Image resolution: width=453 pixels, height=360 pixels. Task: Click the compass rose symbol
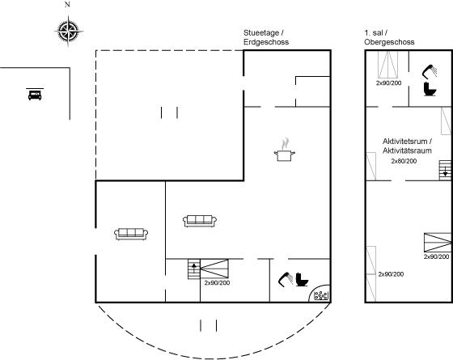click(x=69, y=31)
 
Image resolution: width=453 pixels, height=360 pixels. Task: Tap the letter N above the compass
click(x=67, y=4)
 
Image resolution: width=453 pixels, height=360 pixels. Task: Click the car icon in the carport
click(x=35, y=95)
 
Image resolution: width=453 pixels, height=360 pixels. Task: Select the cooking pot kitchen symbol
click(x=285, y=150)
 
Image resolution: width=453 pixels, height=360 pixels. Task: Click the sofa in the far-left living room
click(x=131, y=234)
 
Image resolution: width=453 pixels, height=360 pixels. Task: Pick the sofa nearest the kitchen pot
click(x=200, y=221)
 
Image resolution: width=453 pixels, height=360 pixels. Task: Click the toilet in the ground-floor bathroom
click(x=302, y=279)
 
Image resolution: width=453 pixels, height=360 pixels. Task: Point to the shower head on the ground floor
click(x=286, y=279)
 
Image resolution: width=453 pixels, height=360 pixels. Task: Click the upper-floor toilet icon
click(x=430, y=89)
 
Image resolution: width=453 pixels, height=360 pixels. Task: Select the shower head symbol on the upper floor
click(x=430, y=71)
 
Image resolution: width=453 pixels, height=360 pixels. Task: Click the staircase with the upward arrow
click(x=194, y=269)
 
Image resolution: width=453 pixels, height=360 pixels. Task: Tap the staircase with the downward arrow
click(x=445, y=170)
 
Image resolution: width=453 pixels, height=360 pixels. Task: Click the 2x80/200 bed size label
click(x=404, y=161)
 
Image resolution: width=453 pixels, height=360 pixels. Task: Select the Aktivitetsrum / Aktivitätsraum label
click(x=408, y=146)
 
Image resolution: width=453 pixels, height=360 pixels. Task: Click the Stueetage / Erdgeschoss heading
click(x=266, y=37)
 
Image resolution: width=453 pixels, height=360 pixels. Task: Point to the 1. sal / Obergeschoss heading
click(x=389, y=37)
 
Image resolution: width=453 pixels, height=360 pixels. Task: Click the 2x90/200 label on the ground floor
click(x=217, y=283)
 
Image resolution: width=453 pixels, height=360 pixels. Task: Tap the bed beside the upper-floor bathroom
click(x=388, y=65)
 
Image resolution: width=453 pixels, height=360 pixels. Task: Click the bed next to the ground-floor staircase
click(x=214, y=269)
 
